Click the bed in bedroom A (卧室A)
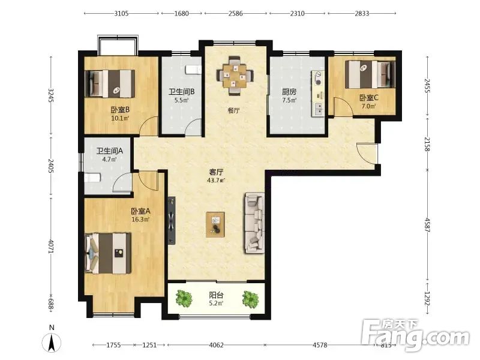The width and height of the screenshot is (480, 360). click(108, 253)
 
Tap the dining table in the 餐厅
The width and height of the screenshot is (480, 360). click(235, 76)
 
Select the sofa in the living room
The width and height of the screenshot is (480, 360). click(254, 223)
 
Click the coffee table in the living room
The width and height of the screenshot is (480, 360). click(215, 224)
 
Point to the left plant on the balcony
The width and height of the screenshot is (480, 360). click(184, 298)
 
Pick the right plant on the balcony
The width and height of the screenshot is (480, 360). click(250, 298)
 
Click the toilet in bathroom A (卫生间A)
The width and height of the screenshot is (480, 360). click(92, 178)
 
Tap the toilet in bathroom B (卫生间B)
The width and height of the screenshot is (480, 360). click(194, 70)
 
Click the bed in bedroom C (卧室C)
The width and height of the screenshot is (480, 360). click(370, 74)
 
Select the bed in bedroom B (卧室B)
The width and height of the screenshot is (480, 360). click(110, 83)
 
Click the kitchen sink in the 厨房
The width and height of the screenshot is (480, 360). click(319, 109)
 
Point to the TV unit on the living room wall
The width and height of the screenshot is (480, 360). click(172, 220)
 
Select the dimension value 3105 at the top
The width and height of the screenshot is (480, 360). click(121, 13)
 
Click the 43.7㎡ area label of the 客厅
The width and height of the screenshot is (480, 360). click(216, 181)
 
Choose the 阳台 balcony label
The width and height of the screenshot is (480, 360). click(216, 295)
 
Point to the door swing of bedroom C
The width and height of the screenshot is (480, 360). click(343, 106)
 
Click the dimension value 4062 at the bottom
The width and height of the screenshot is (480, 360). click(216, 345)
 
